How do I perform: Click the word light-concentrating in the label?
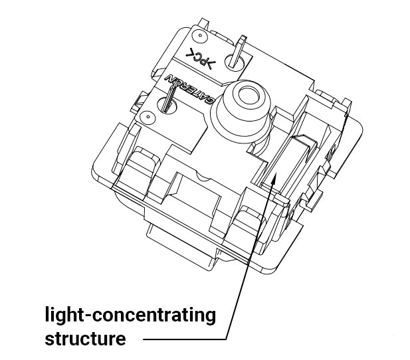130,315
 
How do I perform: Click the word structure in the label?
85,339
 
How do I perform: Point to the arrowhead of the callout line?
274,179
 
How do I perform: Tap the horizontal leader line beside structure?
185,339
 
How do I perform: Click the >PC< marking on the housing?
200,58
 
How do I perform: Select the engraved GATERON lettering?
189,89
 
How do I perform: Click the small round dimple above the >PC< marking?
200,35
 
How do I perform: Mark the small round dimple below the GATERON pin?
148,116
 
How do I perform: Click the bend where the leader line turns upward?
227,339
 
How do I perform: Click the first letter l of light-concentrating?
47,314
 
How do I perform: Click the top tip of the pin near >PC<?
244,37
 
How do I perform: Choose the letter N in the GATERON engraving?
170,78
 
